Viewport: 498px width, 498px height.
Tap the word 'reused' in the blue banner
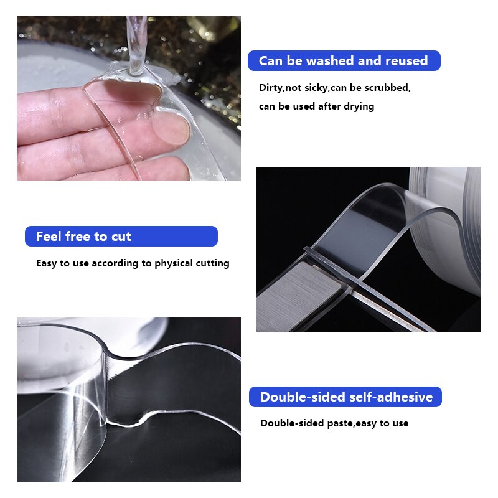point(406,61)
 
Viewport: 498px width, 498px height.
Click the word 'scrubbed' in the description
point(388,88)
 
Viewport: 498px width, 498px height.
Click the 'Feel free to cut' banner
point(121,237)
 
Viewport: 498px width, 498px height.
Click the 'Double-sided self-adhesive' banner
point(345,397)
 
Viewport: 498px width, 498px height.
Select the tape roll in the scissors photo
point(445,224)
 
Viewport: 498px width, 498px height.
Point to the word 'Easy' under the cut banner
point(47,263)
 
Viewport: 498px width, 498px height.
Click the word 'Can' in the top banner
point(271,61)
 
